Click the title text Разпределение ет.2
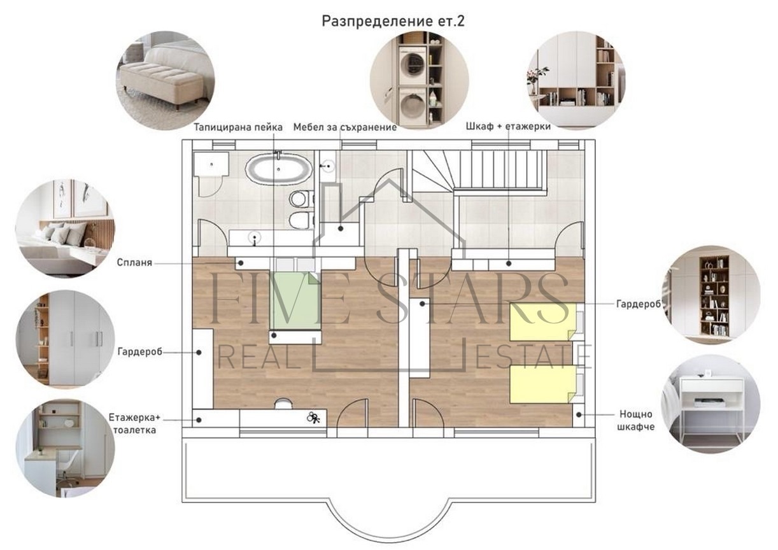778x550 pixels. click(x=393, y=21)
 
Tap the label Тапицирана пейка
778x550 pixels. click(x=238, y=127)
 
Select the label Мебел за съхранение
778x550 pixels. click(x=344, y=127)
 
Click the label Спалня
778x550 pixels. click(x=135, y=262)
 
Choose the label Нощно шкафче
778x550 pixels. click(x=635, y=420)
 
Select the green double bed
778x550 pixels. click(x=295, y=299)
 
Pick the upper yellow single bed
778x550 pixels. click(x=542, y=321)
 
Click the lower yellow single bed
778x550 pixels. click(x=542, y=384)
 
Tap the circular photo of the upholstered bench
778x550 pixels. click(x=165, y=80)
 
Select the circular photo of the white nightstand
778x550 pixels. click(x=710, y=403)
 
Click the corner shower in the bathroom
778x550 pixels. click(x=210, y=169)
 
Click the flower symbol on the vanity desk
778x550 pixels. click(x=313, y=418)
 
